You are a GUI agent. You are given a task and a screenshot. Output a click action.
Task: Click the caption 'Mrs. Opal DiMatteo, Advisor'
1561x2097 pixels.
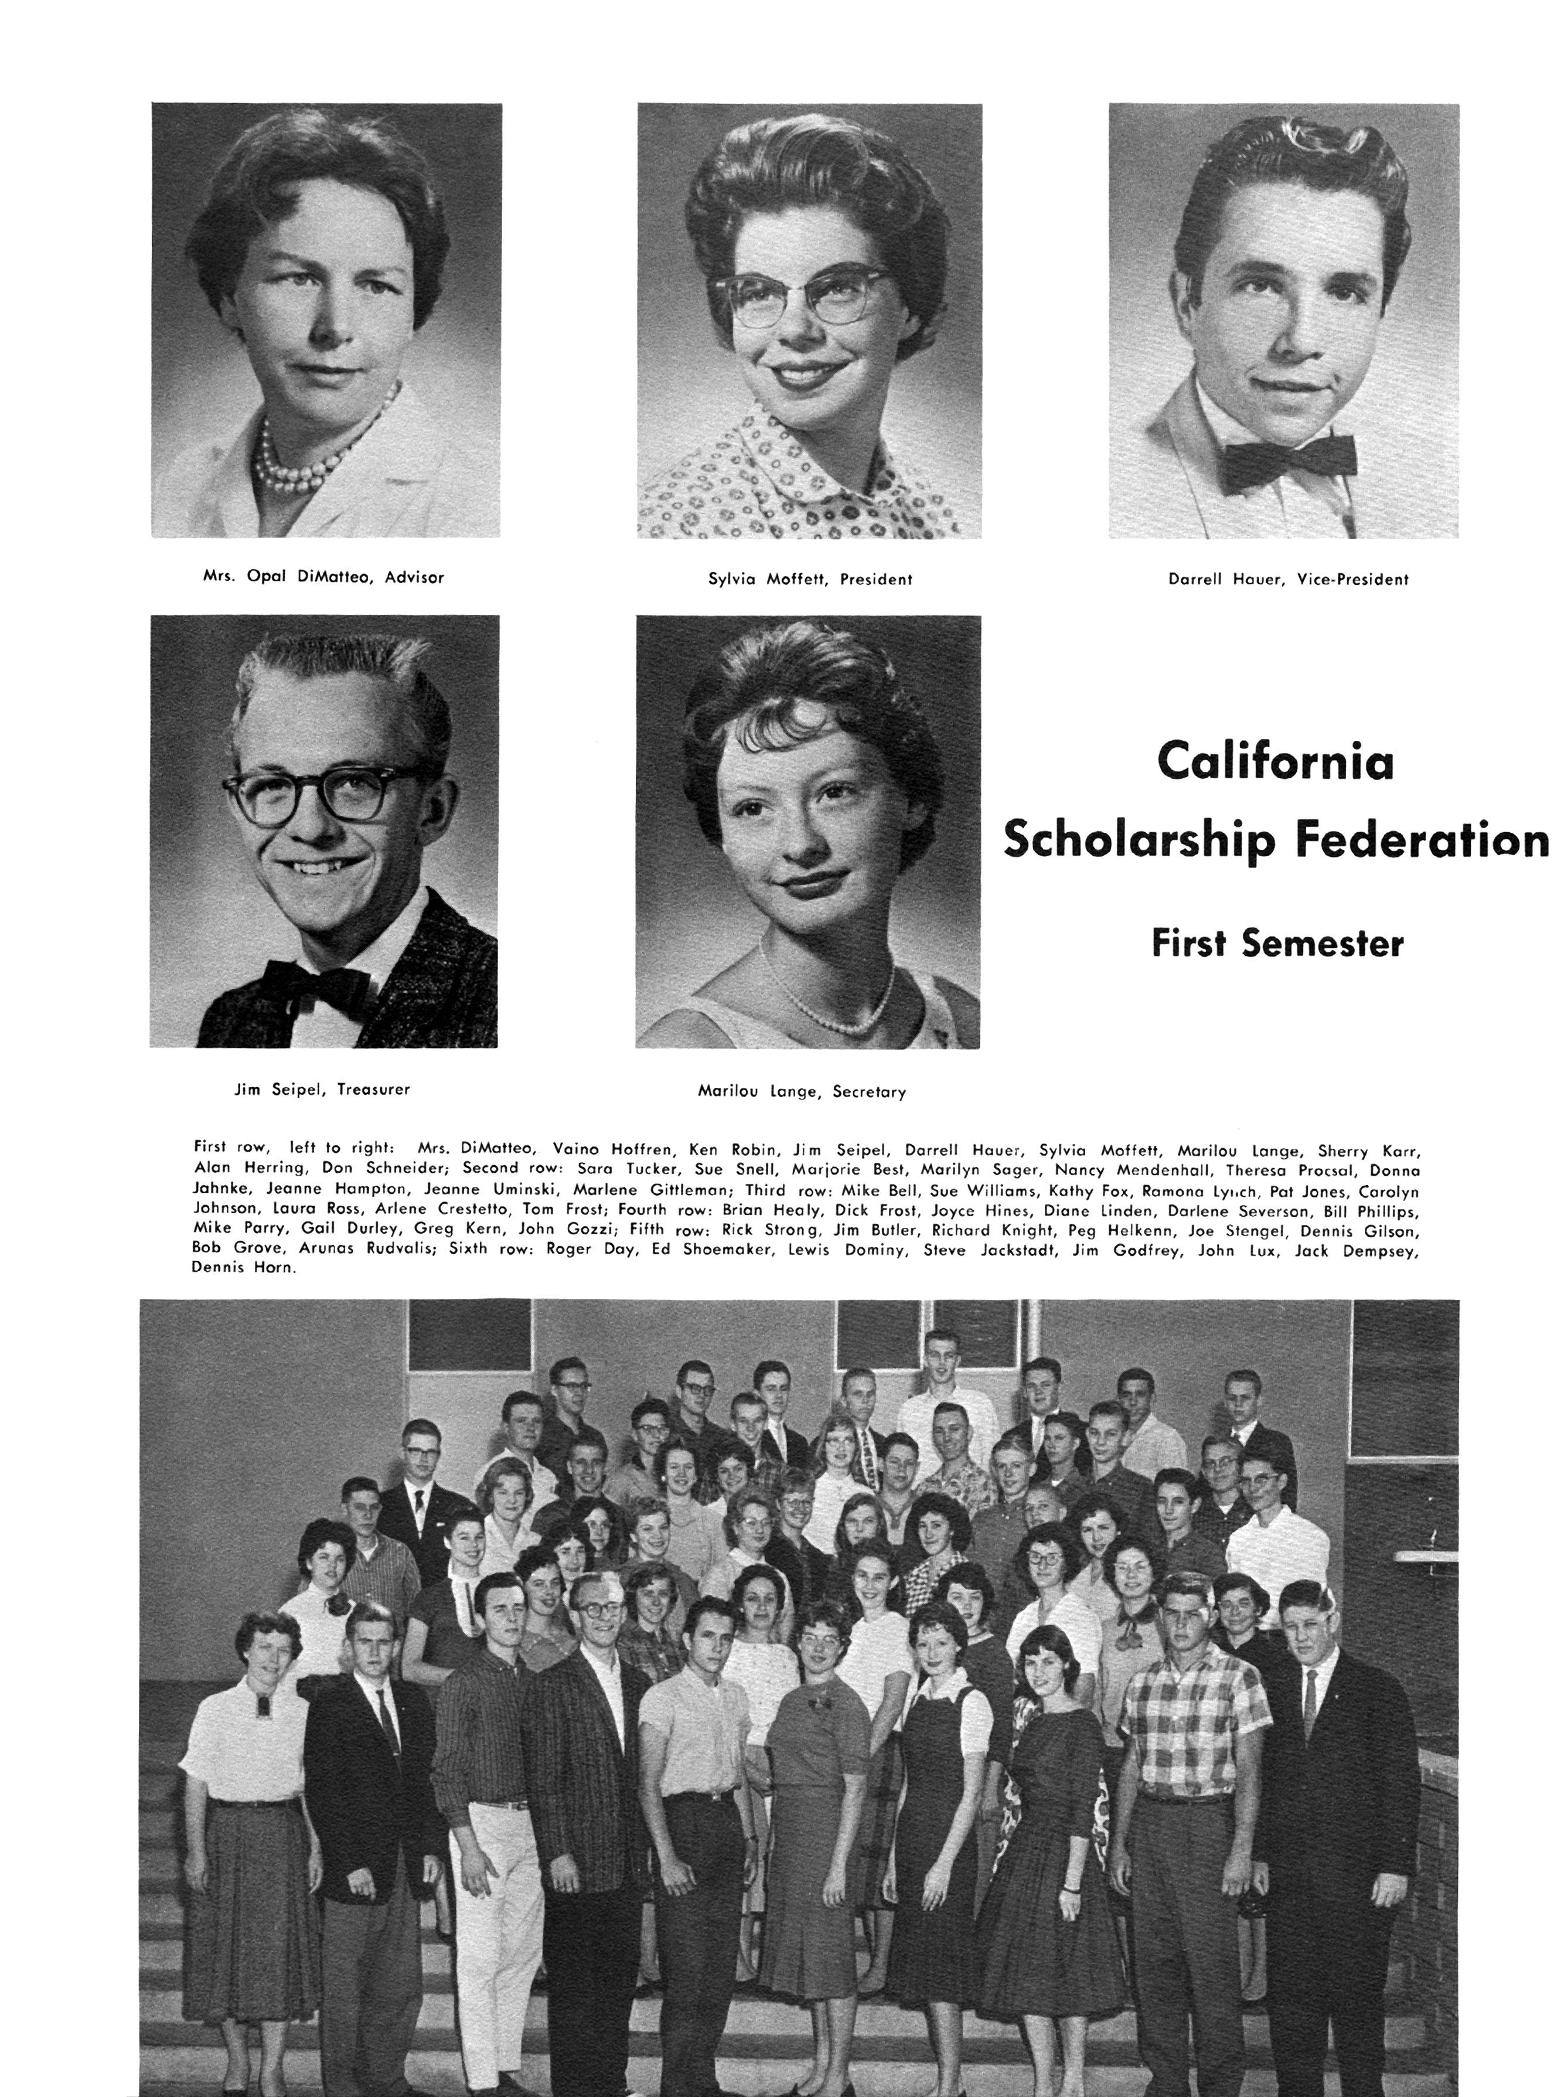click(x=323, y=577)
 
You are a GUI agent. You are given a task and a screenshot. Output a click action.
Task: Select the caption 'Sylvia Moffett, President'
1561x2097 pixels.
click(x=810, y=579)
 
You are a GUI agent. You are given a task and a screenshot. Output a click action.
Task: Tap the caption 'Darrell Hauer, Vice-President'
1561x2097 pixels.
click(x=1288, y=579)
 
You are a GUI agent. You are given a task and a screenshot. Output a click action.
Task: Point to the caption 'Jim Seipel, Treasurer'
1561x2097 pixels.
click(x=322, y=1089)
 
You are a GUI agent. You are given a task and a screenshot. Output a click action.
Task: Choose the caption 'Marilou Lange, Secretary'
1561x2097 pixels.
click(x=801, y=1091)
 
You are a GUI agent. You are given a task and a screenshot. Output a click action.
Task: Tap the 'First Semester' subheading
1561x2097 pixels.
click(x=1277, y=943)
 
